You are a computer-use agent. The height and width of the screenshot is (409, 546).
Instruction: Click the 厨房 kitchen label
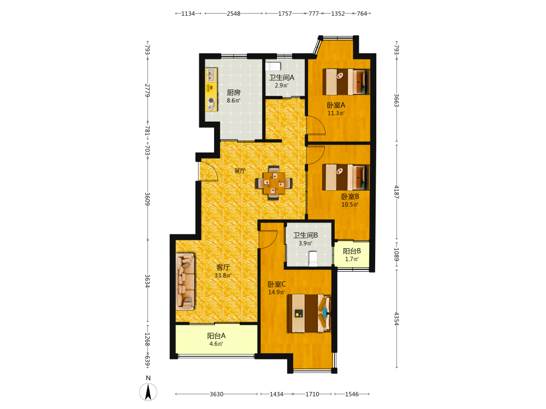pos(233,93)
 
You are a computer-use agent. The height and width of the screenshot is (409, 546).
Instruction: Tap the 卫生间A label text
pos(281,77)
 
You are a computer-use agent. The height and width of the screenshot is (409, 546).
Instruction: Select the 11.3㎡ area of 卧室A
pos(336,113)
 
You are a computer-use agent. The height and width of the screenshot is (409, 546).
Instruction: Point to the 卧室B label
pos(349,196)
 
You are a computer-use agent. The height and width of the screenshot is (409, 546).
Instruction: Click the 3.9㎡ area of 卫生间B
pos(305,243)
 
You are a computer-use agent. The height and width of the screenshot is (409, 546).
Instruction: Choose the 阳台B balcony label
pos(352,251)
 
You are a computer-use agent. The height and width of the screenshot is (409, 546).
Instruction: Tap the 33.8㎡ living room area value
pos(223,275)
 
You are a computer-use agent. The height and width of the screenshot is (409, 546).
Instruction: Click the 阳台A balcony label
pos(216,336)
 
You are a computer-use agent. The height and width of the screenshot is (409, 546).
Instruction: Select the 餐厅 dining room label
pos(240,171)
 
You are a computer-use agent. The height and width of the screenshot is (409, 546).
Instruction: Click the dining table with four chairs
pos(274,183)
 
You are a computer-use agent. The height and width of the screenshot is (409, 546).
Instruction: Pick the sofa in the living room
pos(185,282)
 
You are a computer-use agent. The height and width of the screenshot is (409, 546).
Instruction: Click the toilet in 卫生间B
pos(313,258)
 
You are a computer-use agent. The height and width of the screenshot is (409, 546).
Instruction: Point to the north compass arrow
pos(149,392)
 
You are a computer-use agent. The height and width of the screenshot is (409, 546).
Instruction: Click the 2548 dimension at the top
pos(234,14)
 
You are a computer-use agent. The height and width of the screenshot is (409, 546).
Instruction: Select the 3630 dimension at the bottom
pos(216,394)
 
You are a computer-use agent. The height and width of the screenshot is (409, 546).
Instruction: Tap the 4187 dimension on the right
pos(396,192)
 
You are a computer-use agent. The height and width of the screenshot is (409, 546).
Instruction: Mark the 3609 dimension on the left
pos(147,199)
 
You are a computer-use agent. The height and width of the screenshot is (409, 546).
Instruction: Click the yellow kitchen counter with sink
pos(211,90)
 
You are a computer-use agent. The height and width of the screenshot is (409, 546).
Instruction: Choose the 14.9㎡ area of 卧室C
pos(276,292)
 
